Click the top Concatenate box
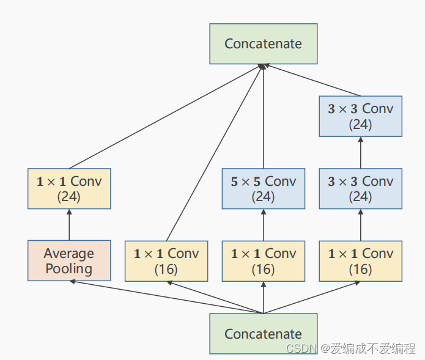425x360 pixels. click(x=263, y=44)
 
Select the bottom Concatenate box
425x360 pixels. click(x=263, y=334)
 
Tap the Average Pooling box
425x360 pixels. click(x=69, y=261)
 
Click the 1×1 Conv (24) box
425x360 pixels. click(x=69, y=189)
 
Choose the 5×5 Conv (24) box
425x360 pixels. click(x=263, y=189)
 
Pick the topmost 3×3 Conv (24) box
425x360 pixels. click(x=360, y=116)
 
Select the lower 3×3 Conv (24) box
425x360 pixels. click(x=360, y=189)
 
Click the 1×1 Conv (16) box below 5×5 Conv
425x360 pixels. click(x=263, y=261)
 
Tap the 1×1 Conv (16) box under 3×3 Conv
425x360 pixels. click(x=360, y=261)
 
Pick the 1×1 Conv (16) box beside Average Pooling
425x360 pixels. click(x=166, y=261)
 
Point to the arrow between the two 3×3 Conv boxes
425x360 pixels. click(x=360, y=152)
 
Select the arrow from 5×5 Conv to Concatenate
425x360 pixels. click(x=263, y=116)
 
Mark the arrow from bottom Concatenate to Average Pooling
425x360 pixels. click(x=165, y=297)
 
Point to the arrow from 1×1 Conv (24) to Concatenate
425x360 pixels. click(x=165, y=116)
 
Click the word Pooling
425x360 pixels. click(x=69, y=269)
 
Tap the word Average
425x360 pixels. click(x=69, y=254)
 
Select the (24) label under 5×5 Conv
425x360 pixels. click(x=263, y=197)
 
